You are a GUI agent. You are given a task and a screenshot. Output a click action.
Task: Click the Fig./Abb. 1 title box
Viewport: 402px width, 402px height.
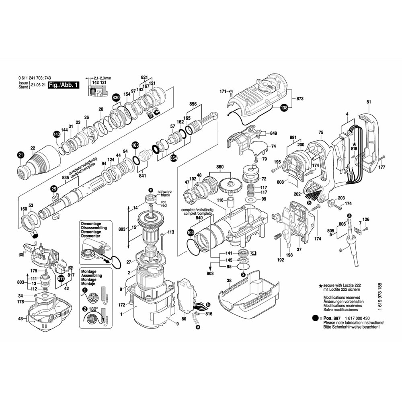point(64,85)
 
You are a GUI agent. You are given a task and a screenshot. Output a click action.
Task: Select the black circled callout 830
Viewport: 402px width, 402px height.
point(116,98)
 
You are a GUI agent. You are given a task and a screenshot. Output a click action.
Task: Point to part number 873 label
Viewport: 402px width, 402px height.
point(299,98)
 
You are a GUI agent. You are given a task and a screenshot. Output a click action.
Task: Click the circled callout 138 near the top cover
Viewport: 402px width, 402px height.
point(284,108)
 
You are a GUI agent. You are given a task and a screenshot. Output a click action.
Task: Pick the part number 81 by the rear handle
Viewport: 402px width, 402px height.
point(369,102)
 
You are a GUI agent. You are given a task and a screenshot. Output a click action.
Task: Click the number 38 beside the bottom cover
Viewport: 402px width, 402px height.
point(229,281)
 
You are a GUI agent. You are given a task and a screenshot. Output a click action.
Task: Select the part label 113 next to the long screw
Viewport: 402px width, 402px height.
point(170,232)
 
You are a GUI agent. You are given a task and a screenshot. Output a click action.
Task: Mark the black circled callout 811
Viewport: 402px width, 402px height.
point(61,278)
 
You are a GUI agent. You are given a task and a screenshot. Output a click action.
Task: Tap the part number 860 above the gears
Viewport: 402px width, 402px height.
point(219,166)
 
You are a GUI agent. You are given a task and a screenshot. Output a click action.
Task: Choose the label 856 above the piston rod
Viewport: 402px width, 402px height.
point(193,104)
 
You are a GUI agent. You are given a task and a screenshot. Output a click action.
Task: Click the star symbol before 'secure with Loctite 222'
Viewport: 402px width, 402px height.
point(320,285)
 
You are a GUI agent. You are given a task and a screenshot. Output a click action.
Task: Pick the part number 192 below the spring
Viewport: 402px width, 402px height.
point(281,260)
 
